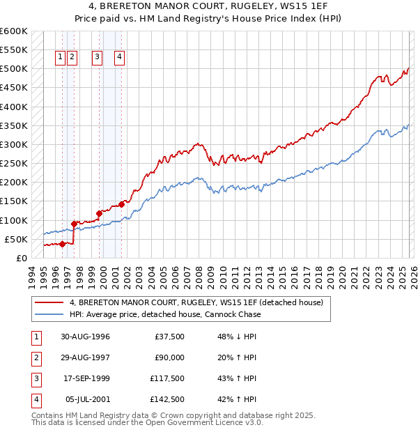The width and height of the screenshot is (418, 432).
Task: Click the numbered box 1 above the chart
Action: pos(61,58)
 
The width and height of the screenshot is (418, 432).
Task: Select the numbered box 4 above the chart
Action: pos(120,58)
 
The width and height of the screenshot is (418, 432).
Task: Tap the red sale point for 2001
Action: pos(121,204)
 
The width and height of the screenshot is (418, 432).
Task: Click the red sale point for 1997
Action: pos(75,224)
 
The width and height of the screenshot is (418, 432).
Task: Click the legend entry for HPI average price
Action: pos(165,314)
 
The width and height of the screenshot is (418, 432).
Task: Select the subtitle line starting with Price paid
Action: pos(209,20)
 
